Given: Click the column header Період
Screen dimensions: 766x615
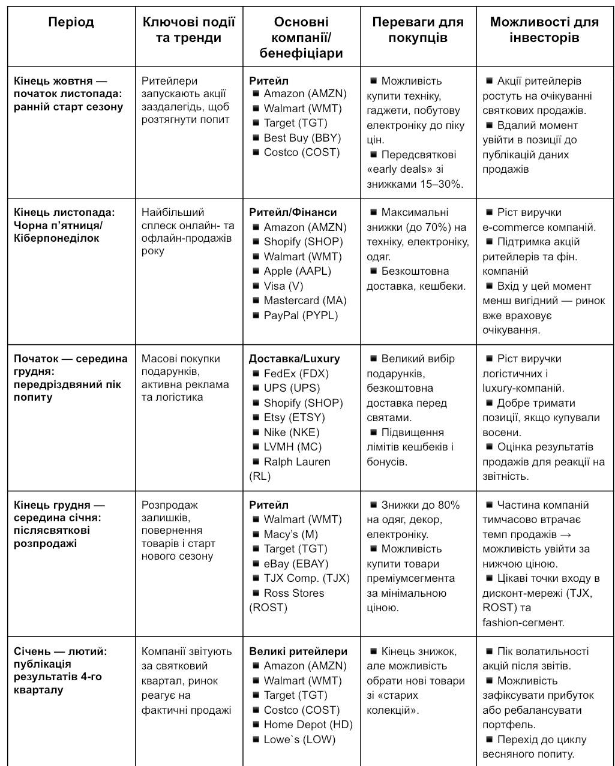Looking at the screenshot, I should tap(71, 23).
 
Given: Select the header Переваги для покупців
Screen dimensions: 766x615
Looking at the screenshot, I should tap(418, 30).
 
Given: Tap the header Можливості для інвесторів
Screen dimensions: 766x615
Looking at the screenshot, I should tap(544, 30).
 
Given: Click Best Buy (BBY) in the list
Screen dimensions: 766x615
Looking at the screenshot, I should tap(302, 138).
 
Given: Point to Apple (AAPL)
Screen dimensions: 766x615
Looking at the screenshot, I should tap(297, 271).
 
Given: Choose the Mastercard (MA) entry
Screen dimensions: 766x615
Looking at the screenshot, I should tap(305, 301).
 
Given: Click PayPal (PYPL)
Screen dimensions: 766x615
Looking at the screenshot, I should tap(301, 316).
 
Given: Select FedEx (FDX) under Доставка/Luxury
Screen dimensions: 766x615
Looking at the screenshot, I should tap(296, 374).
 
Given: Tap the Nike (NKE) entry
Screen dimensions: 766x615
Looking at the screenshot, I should tap(292, 432).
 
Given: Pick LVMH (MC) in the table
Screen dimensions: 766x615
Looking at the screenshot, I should tap(292, 447).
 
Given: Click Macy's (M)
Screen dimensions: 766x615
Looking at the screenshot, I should tap(290, 534).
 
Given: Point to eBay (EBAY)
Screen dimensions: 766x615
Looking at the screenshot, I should tap(296, 564).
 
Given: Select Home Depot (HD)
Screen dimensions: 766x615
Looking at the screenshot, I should tap(308, 725).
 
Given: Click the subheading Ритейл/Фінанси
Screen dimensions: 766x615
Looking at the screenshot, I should tap(293, 212).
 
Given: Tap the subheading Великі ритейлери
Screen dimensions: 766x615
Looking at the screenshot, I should tap(298, 651).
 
